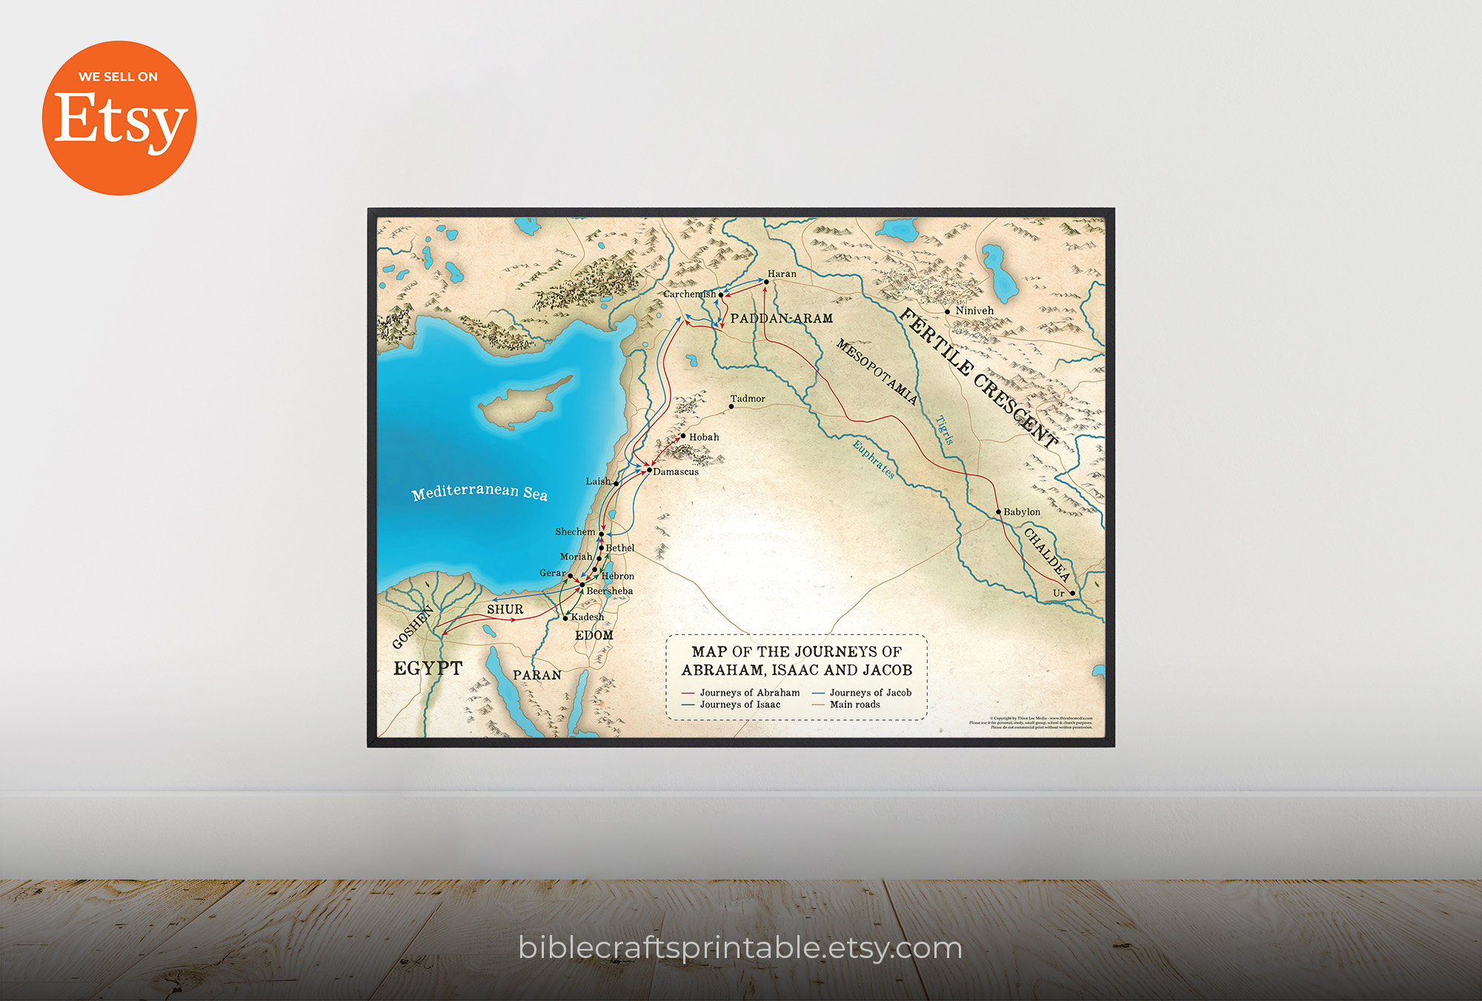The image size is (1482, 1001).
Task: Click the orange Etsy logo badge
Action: (119, 118)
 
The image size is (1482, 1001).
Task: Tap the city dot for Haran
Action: (766, 282)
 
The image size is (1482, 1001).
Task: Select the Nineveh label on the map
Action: (974, 310)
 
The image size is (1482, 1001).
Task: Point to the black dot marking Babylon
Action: (998, 512)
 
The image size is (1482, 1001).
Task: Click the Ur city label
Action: (1058, 593)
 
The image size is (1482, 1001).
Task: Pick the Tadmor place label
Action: (748, 399)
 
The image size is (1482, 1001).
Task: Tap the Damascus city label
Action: (676, 472)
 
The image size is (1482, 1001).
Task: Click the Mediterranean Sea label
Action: (479, 493)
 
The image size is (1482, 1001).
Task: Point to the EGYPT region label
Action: (428, 668)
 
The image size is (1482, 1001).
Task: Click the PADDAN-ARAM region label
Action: (782, 319)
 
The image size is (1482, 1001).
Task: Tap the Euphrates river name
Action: (873, 459)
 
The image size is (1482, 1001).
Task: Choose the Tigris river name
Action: (945, 430)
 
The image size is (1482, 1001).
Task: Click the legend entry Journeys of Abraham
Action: (749, 693)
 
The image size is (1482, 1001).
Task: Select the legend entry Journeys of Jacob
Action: (870, 693)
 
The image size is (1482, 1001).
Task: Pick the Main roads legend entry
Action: (854, 705)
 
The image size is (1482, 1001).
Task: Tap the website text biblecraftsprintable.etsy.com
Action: (740, 948)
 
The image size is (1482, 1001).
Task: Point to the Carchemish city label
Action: (689, 294)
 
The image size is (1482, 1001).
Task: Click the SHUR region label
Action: (505, 609)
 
